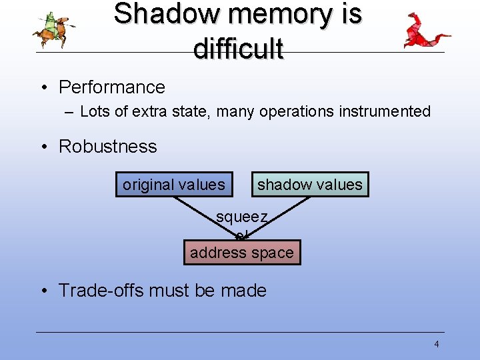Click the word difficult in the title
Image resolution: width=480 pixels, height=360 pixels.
coord(238,48)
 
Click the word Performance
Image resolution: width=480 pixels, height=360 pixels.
coord(112,87)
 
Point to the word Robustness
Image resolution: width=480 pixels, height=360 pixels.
coord(108,147)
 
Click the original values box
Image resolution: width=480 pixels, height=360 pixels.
coord(174,185)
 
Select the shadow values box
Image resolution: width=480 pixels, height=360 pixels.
coord(310,185)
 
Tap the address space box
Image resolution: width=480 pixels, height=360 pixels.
coord(242,253)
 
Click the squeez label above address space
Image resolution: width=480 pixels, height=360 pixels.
coord(242,217)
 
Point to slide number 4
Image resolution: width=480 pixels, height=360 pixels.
coord(437,345)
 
